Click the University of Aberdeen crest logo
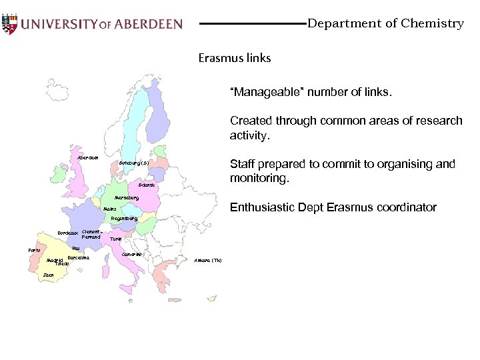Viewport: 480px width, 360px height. pyautogui.click(x=9, y=23)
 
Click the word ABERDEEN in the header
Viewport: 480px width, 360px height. pyautogui.click(x=148, y=24)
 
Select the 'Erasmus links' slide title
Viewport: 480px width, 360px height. pyautogui.click(x=235, y=58)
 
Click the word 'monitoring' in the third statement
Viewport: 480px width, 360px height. pyautogui.click(x=259, y=179)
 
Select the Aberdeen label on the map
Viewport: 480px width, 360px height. pyautogui.click(x=88, y=158)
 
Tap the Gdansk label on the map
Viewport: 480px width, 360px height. pyautogui.click(x=147, y=185)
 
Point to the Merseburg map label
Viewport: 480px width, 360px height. pyautogui.click(x=126, y=198)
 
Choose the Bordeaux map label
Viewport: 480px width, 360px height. pyautogui.click(x=68, y=233)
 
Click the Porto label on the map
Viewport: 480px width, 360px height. pyautogui.click(x=34, y=250)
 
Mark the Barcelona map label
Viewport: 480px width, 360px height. pyautogui.click(x=79, y=257)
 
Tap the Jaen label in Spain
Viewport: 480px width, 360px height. pyautogui.click(x=48, y=275)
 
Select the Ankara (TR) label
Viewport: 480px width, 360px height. pyautogui.click(x=208, y=260)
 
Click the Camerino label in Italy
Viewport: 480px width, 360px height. pyautogui.click(x=132, y=254)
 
